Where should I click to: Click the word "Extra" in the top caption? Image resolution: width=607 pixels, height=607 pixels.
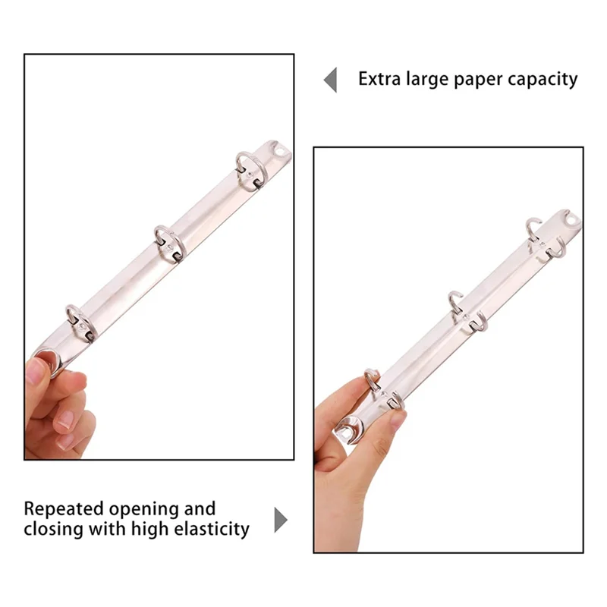(x=381, y=79)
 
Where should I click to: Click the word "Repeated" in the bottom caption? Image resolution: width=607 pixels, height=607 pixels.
(x=65, y=509)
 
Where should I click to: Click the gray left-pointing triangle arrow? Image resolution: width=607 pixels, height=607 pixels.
(x=330, y=80)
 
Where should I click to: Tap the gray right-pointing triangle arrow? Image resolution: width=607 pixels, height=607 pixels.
(x=281, y=520)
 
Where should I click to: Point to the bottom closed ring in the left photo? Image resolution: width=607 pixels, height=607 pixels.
(x=78, y=319)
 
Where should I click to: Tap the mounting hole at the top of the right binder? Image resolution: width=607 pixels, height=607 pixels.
(x=571, y=221)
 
